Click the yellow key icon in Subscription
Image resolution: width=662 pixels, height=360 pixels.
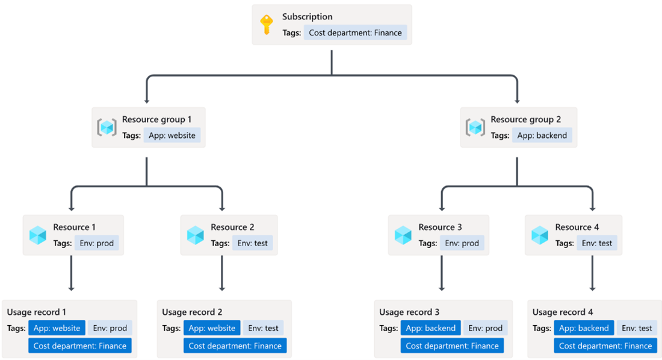(267, 25)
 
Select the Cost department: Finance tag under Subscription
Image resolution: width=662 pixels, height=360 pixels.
(355, 33)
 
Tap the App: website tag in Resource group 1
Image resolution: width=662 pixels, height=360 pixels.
(172, 135)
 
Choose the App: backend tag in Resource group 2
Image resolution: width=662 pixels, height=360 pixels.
(542, 135)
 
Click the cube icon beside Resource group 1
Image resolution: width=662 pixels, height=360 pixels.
(107, 127)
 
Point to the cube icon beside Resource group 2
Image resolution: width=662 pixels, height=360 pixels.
(475, 127)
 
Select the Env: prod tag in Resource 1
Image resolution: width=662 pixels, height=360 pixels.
(96, 243)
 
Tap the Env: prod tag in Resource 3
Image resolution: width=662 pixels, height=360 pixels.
(462, 243)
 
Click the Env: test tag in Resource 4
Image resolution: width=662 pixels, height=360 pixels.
(597, 243)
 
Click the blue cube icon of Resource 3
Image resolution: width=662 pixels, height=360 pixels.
(403, 235)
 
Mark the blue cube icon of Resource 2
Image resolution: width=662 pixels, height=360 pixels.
(195, 235)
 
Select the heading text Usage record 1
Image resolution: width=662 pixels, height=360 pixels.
(36, 312)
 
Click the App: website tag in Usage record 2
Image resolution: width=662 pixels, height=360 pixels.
(212, 328)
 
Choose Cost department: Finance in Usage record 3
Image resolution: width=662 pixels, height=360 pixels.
(452, 346)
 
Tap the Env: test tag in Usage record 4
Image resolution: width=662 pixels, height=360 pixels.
(637, 328)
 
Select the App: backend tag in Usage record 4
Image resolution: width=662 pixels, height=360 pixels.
(584, 328)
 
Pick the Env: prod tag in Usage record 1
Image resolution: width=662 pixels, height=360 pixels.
(110, 328)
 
